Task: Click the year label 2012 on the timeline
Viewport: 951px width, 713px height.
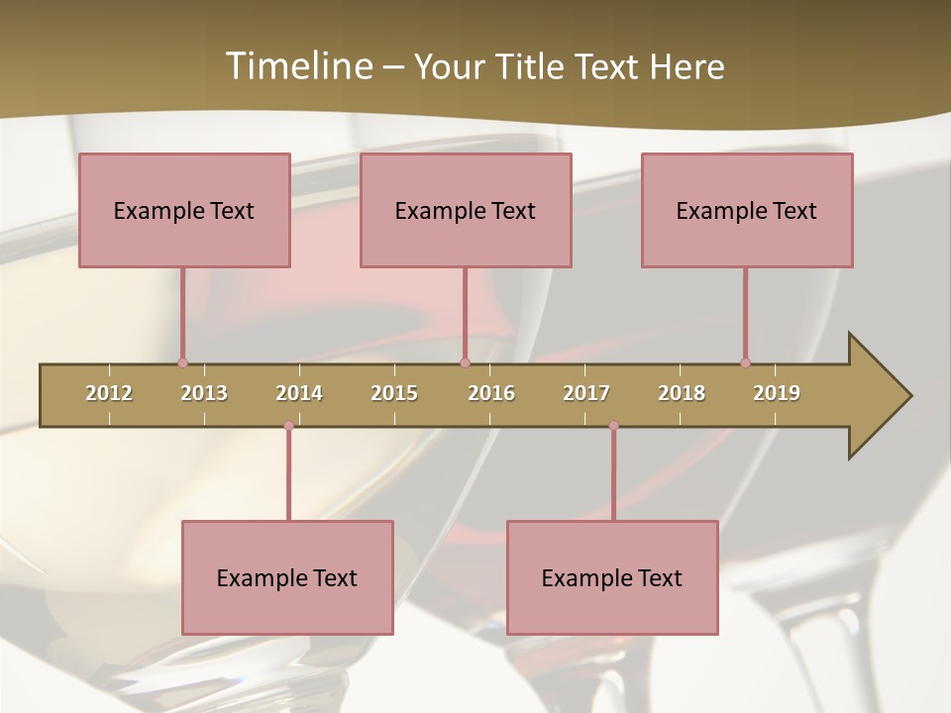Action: pyautogui.click(x=109, y=393)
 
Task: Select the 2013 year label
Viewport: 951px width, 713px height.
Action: pyautogui.click(x=204, y=393)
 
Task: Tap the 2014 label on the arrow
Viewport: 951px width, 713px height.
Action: pyautogui.click(x=299, y=393)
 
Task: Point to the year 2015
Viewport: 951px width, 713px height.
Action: pyautogui.click(x=394, y=393)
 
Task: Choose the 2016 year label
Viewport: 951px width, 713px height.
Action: pyautogui.click(x=491, y=393)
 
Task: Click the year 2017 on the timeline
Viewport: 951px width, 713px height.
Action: pyautogui.click(x=586, y=393)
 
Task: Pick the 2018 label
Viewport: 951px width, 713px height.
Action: pyautogui.click(x=682, y=393)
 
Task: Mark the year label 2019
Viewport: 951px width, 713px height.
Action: pyautogui.click(x=777, y=393)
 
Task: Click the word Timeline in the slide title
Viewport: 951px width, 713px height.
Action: pyautogui.click(x=297, y=66)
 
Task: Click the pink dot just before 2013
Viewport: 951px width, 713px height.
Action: pyautogui.click(x=182, y=362)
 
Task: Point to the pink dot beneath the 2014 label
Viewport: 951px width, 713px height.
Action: pyautogui.click(x=288, y=426)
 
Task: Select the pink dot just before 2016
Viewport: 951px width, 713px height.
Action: pyautogui.click(x=465, y=362)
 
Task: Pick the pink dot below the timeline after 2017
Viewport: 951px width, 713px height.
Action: pyautogui.click(x=613, y=426)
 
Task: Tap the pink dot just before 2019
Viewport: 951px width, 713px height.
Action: pyautogui.click(x=745, y=362)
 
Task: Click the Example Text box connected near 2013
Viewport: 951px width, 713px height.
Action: pyautogui.click(x=184, y=210)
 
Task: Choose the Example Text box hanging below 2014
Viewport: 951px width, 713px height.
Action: pyautogui.click(x=287, y=577)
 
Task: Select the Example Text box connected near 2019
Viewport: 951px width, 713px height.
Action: pyautogui.click(x=747, y=210)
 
